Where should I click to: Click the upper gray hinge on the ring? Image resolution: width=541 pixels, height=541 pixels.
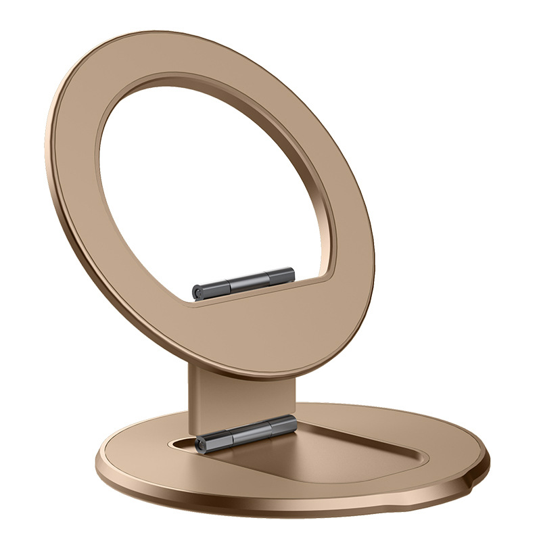click(243, 283)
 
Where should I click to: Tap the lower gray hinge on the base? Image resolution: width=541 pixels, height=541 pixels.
click(246, 434)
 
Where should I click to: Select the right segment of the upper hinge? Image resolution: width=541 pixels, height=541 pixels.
click(280, 276)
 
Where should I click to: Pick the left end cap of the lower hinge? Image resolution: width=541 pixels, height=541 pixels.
click(201, 444)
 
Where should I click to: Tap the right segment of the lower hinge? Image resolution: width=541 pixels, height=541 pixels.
click(283, 426)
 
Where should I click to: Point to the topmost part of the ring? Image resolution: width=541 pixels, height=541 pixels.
click(169, 34)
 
